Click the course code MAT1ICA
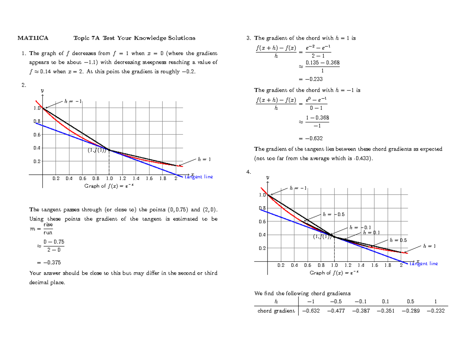pyautogui.click(x=33, y=38)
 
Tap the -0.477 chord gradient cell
pyautogui.click(x=336, y=311)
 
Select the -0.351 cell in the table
pyautogui.click(x=386, y=311)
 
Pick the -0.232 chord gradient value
pyautogui.click(x=436, y=311)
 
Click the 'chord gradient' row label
pyautogui.click(x=276, y=311)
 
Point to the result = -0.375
pyautogui.click(x=49, y=263)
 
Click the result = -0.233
pyautogui.click(x=311, y=79)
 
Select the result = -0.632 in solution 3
pyautogui.click(x=311, y=139)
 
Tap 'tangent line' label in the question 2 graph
pyautogui.click(x=198, y=177)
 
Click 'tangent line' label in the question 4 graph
pyautogui.click(x=424, y=264)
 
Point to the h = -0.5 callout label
pyautogui.click(x=334, y=214)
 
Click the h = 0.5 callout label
pyautogui.click(x=398, y=240)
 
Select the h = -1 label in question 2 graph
pyautogui.click(x=73, y=101)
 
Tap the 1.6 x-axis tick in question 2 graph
pyautogui.click(x=149, y=178)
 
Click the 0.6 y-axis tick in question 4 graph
pyautogui.click(x=262, y=221)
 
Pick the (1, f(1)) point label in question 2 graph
pyautogui.click(x=97, y=151)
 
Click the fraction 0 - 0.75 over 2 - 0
pyautogui.click(x=54, y=246)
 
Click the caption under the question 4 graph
pyautogui.click(x=334, y=273)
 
